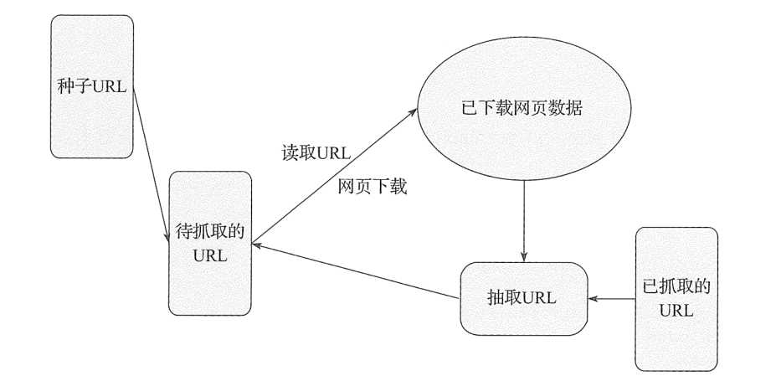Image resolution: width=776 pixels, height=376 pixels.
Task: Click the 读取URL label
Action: [316, 153]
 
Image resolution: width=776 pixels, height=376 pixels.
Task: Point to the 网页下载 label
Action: [372, 188]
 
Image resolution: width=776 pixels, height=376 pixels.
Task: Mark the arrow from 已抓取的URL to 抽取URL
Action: [611, 298]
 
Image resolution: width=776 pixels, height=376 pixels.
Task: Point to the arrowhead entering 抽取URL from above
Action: [524, 256]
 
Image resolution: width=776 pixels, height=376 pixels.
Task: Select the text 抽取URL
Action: [522, 298]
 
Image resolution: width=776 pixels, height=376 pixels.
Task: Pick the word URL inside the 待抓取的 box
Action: [210, 255]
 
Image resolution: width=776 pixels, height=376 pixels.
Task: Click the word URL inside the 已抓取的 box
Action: [676, 310]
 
